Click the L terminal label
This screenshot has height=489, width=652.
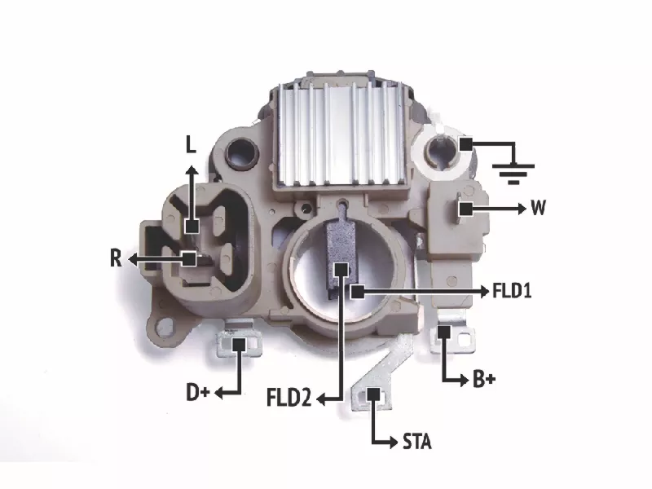tap(191, 145)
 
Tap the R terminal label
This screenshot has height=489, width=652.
tap(116, 258)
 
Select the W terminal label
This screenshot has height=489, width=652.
tap(538, 207)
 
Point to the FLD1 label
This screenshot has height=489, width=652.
tap(512, 291)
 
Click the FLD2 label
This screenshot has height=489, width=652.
tap(289, 398)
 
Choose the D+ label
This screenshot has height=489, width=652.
tap(198, 393)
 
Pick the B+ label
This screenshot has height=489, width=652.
tap(484, 379)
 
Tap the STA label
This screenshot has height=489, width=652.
tap(417, 442)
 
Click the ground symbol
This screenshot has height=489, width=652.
tap(513, 174)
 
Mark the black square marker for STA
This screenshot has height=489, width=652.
tap(373, 394)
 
